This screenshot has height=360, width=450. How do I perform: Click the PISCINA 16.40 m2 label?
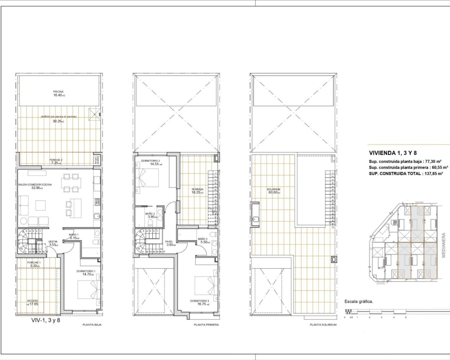coord(59,93)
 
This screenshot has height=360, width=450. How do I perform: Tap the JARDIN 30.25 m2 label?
coord(58,119)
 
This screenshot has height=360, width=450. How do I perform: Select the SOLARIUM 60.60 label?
coord(274,191)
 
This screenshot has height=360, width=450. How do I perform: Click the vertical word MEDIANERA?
coord(444,245)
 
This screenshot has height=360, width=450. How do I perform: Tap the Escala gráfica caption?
coord(359,301)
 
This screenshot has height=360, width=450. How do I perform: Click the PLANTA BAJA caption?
coord(92,325)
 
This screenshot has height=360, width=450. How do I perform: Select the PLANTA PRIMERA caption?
coord(206,325)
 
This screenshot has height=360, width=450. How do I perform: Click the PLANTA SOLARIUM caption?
coord(323,325)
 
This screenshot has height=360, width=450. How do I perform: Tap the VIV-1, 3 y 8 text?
coord(45,320)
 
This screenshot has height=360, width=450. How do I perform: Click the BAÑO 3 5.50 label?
coord(203,240)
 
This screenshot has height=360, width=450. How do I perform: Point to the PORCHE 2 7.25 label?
coord(56,162)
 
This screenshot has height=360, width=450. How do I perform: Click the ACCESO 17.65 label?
coord(33,302)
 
